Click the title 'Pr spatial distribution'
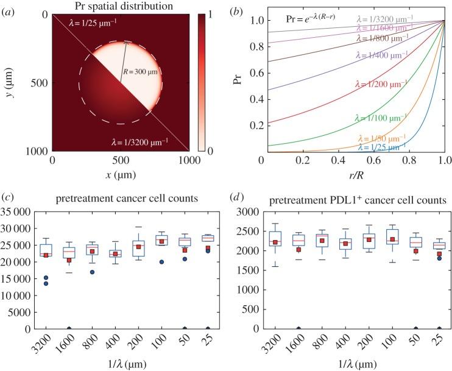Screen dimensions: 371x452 (x=121, y=6)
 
